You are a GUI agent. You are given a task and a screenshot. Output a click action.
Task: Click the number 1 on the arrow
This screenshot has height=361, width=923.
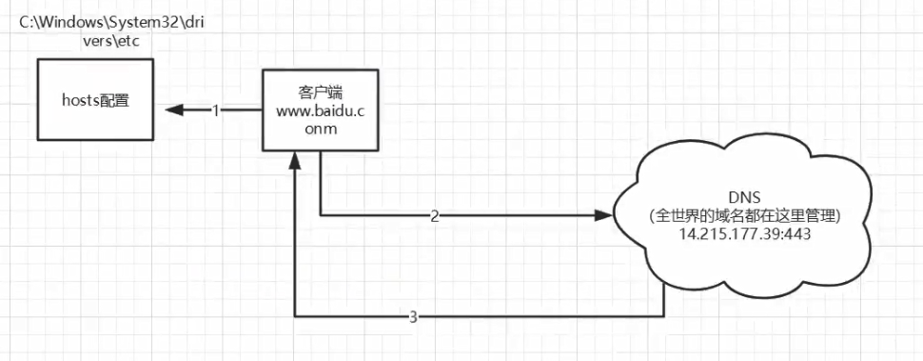point(215,110)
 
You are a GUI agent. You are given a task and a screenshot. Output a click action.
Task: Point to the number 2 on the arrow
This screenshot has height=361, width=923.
point(435,217)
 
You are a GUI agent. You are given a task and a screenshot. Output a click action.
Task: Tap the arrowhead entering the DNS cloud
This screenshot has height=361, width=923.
point(601,216)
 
